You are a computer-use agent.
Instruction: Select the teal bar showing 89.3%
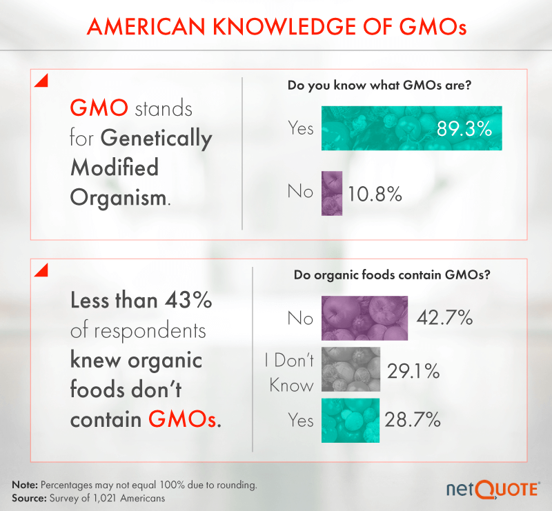click(x=411, y=128)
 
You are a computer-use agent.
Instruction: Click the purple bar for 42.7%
click(x=365, y=318)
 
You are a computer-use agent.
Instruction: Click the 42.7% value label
click(x=445, y=318)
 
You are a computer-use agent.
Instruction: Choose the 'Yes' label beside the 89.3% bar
click(x=300, y=128)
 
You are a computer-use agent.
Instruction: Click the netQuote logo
click(x=491, y=488)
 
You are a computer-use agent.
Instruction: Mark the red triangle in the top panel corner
click(x=41, y=81)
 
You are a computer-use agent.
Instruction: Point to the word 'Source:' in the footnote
click(x=27, y=497)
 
